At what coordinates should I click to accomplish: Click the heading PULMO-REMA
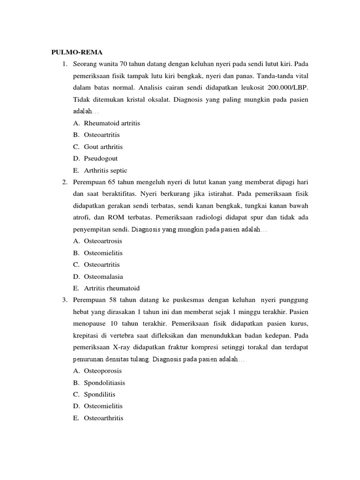pos(76,52)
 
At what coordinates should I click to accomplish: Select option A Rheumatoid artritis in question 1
pos(112,123)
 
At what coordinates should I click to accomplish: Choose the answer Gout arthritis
pos(103,147)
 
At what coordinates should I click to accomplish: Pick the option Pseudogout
pos(101,158)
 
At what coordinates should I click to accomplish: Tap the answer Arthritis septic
pos(105,171)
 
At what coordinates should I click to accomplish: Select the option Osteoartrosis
pos(103,241)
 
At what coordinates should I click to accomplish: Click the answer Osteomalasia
pos(104,277)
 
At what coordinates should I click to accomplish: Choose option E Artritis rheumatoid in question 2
pos(112,288)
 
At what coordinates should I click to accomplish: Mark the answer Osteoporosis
pos(103,371)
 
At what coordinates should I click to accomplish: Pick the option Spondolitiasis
pos(105,382)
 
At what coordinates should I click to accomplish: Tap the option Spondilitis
pos(99,394)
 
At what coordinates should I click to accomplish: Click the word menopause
pos(90,323)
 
